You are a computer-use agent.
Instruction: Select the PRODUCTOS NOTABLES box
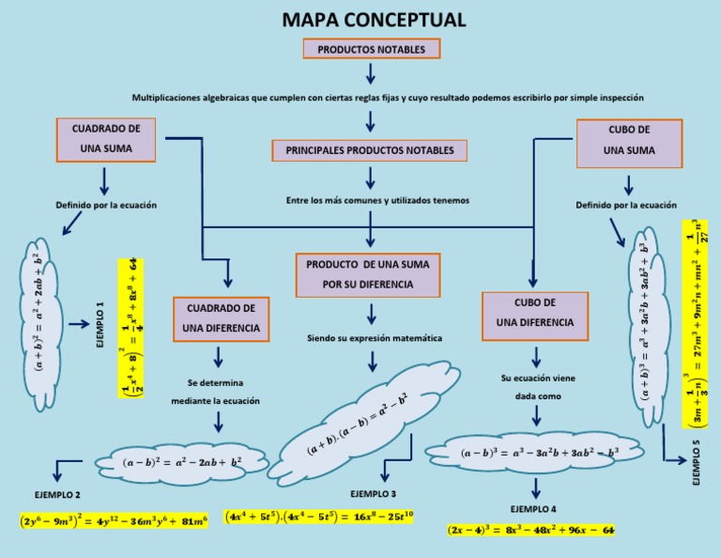pyautogui.click(x=372, y=49)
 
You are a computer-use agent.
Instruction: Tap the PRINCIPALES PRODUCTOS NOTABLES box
pyautogui.click(x=369, y=150)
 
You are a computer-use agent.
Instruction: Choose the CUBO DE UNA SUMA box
pyautogui.click(x=628, y=139)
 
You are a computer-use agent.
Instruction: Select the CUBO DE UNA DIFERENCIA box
pyautogui.click(x=535, y=313)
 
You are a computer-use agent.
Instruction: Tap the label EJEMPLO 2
pyautogui.click(x=57, y=494)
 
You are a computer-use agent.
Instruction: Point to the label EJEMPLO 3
pyautogui.click(x=374, y=493)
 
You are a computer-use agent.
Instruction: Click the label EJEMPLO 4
pyautogui.click(x=534, y=508)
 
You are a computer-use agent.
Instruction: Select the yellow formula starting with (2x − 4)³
pyautogui.click(x=530, y=531)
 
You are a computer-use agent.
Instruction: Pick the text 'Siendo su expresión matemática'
pyautogui.click(x=374, y=337)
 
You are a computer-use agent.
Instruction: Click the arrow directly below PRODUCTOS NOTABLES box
pyautogui.click(x=372, y=73)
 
